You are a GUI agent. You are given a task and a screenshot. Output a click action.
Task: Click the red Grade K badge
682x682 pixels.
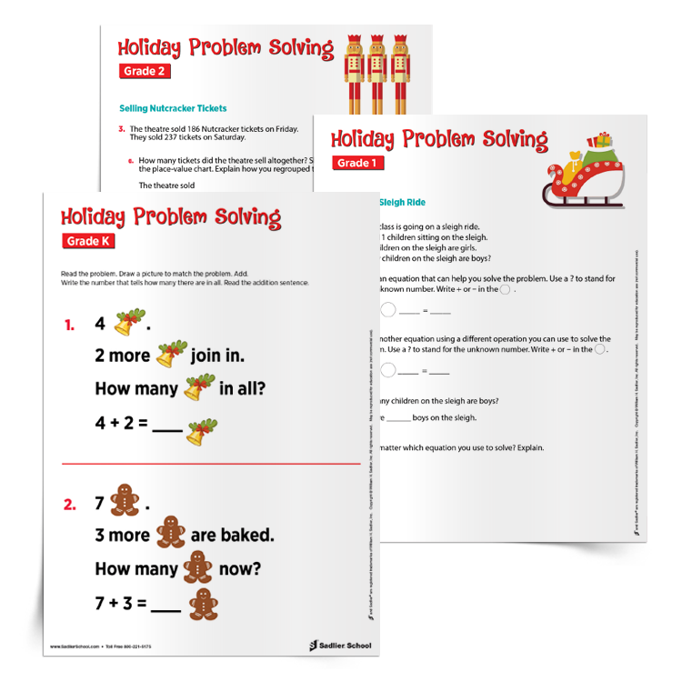point(90,242)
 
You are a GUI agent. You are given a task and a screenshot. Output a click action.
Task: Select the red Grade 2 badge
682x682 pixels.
point(145,71)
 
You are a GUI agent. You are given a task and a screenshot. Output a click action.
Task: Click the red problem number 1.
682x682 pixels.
point(70,325)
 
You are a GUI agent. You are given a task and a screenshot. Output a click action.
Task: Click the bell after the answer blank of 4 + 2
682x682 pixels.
point(197,431)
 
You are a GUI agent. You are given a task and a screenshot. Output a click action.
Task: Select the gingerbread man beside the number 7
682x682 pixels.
point(124,501)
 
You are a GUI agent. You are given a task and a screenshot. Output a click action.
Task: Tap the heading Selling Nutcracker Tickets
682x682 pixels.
point(173,108)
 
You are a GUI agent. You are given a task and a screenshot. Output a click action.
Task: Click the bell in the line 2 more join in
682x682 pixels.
point(170,355)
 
